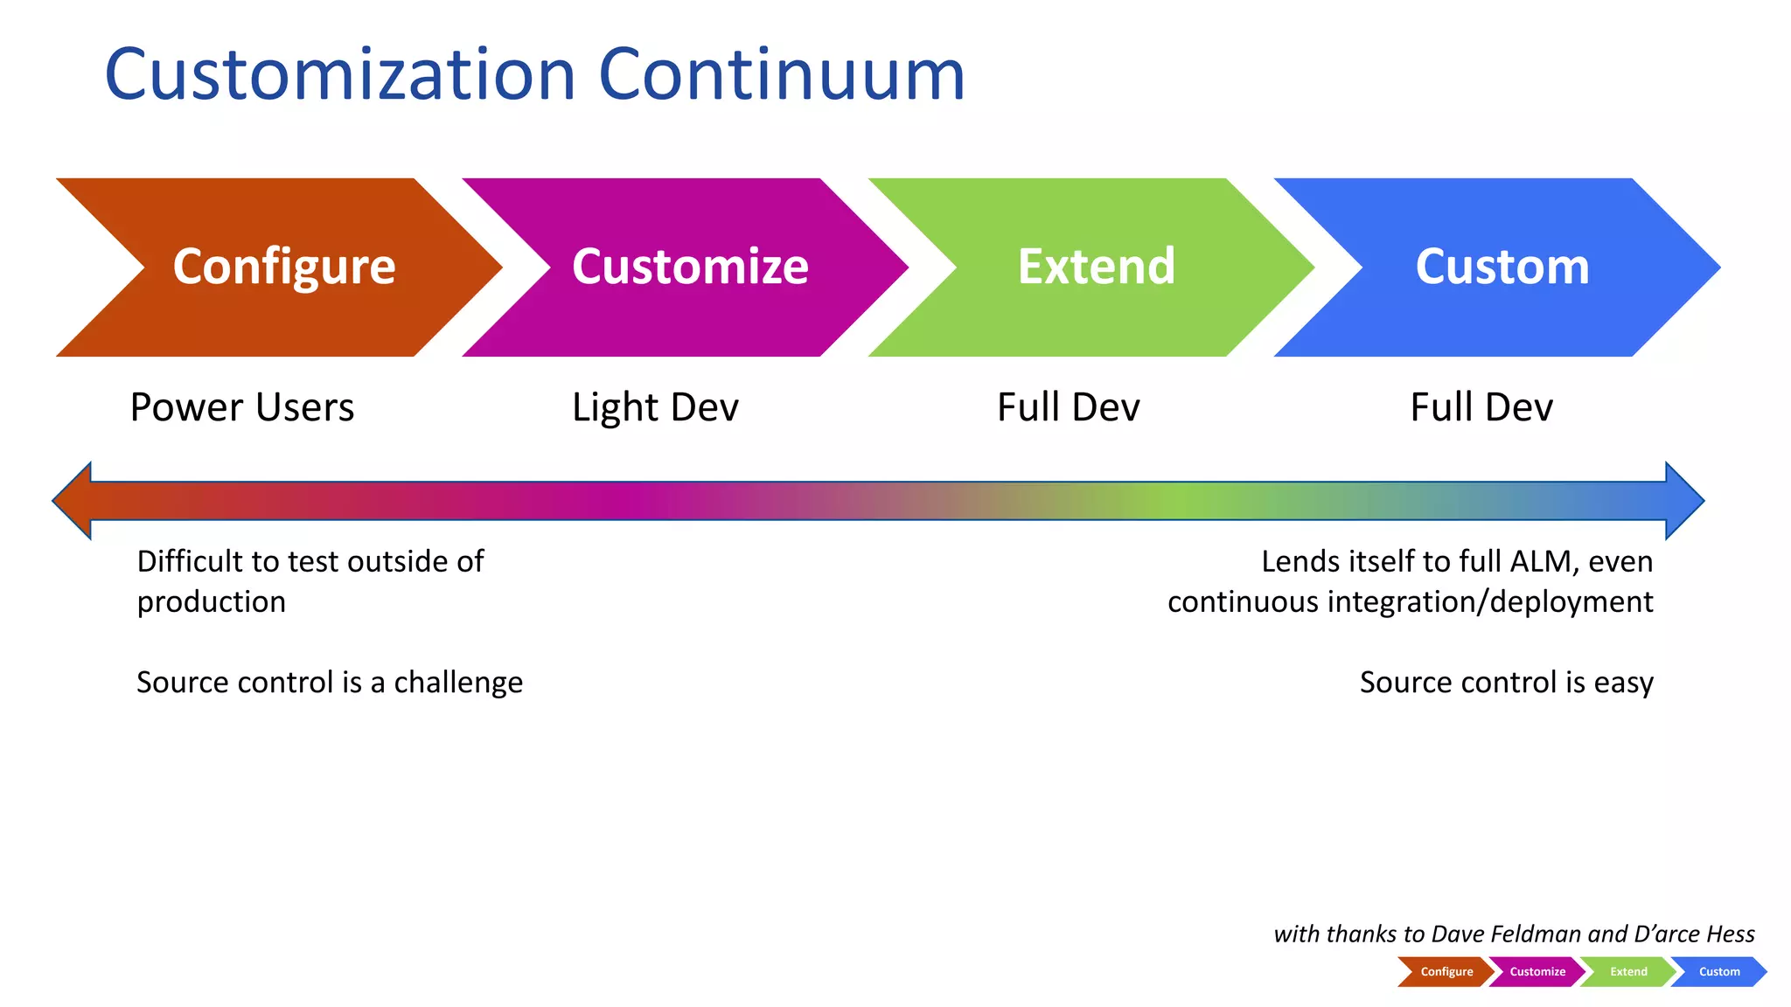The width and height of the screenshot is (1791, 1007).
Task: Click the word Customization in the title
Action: coord(339,75)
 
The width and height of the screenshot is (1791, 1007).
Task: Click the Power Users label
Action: coord(242,407)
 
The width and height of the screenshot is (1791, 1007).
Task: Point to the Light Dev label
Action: coord(655,407)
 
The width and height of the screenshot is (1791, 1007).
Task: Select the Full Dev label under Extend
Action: coord(1068,407)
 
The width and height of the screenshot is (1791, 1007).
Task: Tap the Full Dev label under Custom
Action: coord(1481,407)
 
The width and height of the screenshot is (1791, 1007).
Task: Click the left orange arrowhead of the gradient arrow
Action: coord(75,501)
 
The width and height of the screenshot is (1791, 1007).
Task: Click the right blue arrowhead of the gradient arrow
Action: coord(1683,501)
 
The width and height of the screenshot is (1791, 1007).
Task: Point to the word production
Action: coord(212,602)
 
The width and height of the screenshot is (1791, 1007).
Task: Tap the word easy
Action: coord(1623,683)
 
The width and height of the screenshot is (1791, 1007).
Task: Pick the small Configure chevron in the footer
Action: coord(1446,972)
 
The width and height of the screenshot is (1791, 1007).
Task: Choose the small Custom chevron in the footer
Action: coord(1718,972)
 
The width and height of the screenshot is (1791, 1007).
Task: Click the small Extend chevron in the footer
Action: coord(1627,972)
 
